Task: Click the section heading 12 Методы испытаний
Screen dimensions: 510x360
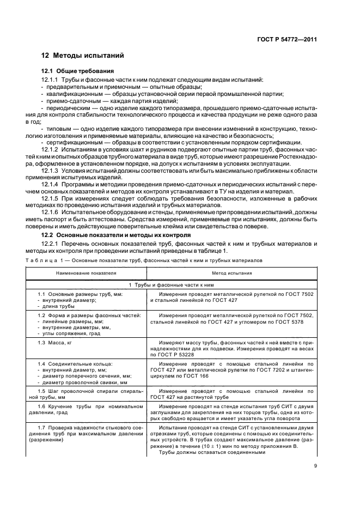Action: point(83,56)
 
